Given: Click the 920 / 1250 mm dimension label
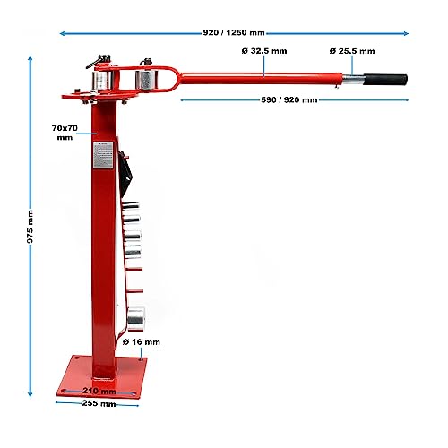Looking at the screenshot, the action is tap(234, 32).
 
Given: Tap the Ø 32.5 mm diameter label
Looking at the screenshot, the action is tap(264, 51).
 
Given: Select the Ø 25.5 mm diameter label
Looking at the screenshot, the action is tap(352, 51).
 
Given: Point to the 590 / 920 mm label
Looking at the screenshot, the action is tap(289, 99).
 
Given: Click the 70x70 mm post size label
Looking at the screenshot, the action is tap(65, 133).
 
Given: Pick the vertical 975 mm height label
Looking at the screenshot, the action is tap(30, 227).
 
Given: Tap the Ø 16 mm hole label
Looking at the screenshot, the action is tap(142, 342).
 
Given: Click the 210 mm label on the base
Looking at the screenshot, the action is tap(99, 391).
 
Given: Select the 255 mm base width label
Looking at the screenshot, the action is tap(99, 403).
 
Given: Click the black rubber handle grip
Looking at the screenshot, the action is tap(385, 80).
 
